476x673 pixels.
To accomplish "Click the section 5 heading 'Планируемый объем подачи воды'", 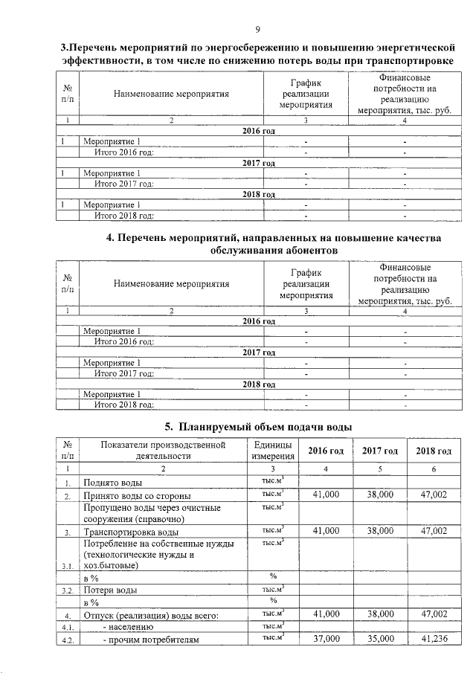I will (267, 426).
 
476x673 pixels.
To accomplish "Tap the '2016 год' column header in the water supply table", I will (326, 451).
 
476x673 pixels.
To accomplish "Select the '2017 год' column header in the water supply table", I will (380, 451).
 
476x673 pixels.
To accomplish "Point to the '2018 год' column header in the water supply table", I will (434, 451).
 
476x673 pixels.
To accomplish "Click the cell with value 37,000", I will (326, 638).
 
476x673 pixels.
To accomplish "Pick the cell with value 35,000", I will (380, 638).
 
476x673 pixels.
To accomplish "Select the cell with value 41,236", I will (434, 638).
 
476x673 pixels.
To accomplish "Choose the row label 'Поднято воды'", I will (112, 483).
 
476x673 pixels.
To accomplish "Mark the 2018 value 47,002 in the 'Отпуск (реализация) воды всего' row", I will (434, 614).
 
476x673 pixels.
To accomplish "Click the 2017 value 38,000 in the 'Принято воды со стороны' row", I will (380, 494).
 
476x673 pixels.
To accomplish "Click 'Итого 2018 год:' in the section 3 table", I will (123, 216).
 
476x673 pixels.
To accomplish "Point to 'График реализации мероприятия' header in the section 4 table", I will (305, 283).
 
